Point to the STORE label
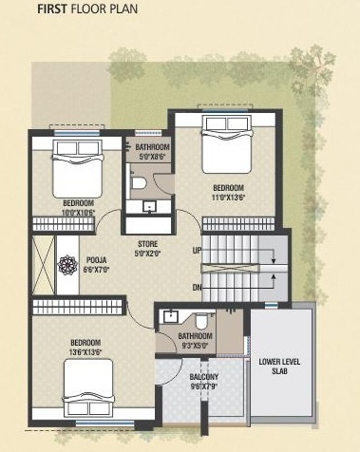coord(149,243)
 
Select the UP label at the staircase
coord(197,250)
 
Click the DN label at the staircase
coord(197,287)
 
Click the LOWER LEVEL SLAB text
coord(279,367)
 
